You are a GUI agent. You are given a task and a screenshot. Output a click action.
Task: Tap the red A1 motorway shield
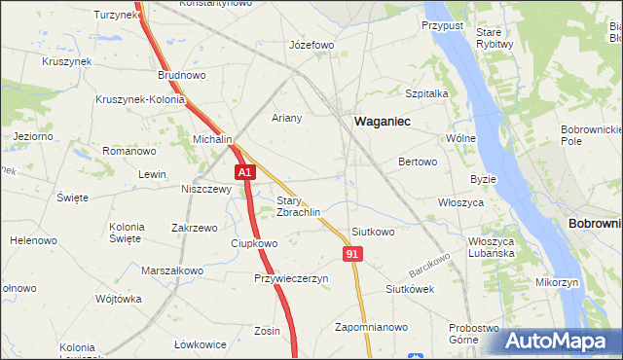pyautogui.click(x=245, y=173)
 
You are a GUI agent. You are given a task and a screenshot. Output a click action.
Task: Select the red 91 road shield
pyautogui.click(x=353, y=253)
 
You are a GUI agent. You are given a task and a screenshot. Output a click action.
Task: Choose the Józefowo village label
pyautogui.click(x=312, y=45)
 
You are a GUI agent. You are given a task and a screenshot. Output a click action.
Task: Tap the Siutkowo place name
pyautogui.click(x=373, y=232)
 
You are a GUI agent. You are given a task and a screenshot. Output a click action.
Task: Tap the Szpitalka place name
pyautogui.click(x=425, y=93)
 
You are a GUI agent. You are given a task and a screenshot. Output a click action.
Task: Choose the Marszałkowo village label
pyautogui.click(x=172, y=270)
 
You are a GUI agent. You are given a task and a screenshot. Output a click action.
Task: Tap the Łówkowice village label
pyautogui.click(x=201, y=344)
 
